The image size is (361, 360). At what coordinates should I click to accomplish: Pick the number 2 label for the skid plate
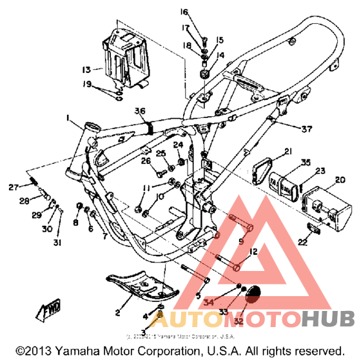[x=118, y=313]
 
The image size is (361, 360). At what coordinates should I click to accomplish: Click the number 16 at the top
[x=183, y=12]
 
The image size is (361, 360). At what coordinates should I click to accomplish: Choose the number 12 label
[x=253, y=251]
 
